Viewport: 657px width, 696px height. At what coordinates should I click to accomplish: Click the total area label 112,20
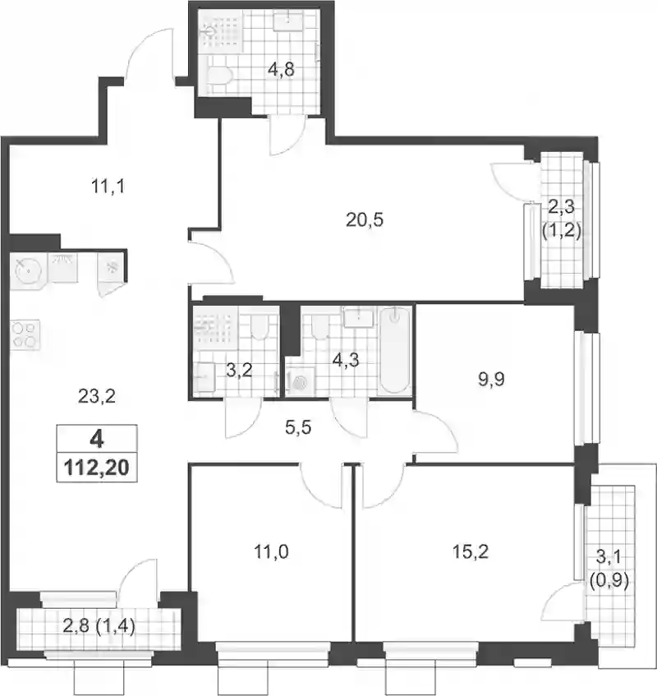[97, 468]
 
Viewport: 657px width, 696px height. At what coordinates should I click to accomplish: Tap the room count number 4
[97, 440]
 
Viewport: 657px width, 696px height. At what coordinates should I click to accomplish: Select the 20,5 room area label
[365, 219]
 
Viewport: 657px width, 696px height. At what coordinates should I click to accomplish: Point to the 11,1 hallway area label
[108, 187]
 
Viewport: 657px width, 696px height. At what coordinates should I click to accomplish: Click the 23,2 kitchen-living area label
[97, 396]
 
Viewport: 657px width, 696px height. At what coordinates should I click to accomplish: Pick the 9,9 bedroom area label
[492, 380]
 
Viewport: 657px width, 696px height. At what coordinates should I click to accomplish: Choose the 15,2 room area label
[471, 551]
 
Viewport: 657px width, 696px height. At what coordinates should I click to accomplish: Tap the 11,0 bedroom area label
[271, 551]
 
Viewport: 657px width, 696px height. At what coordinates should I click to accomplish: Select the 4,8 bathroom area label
[281, 70]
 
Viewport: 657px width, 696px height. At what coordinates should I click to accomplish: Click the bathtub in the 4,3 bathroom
[395, 350]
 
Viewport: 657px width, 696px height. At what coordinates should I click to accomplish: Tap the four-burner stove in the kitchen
[25, 334]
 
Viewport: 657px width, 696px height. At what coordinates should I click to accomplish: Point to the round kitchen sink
[26, 270]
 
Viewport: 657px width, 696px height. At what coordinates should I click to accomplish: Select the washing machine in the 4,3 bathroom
[301, 380]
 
